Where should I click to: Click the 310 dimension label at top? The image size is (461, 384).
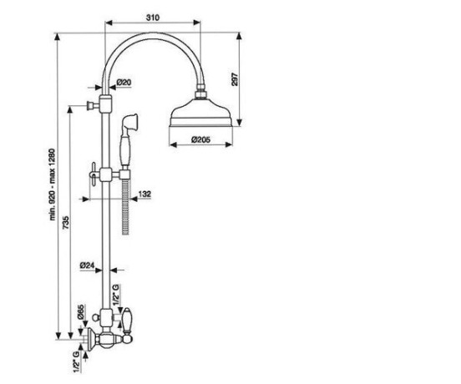click(x=153, y=18)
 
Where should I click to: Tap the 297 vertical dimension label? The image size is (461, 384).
click(x=236, y=79)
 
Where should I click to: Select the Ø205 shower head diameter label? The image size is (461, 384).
click(x=201, y=139)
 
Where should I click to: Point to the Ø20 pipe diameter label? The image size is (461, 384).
click(x=124, y=83)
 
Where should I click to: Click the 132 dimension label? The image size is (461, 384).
click(x=144, y=194)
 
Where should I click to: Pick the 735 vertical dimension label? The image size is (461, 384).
click(x=66, y=222)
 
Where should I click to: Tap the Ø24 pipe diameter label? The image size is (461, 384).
click(x=87, y=265)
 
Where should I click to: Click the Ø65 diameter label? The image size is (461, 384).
click(x=81, y=312)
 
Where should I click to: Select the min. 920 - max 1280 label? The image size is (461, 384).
click(x=53, y=184)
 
